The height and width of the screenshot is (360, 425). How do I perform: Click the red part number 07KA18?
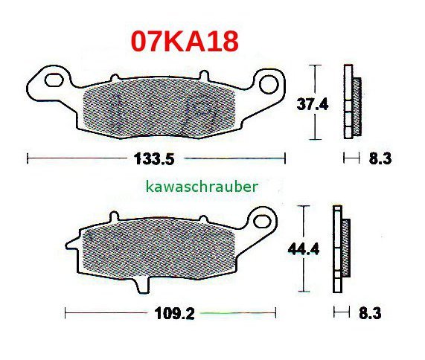click(185, 40)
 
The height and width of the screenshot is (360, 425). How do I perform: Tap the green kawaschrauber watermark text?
click(202, 187)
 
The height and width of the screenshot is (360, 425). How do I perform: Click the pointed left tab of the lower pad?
click(71, 242)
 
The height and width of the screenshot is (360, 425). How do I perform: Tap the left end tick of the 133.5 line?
click(27, 158)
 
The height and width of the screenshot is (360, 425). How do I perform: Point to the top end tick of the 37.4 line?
click(316, 65)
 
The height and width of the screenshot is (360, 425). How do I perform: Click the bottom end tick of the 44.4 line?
click(303, 292)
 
